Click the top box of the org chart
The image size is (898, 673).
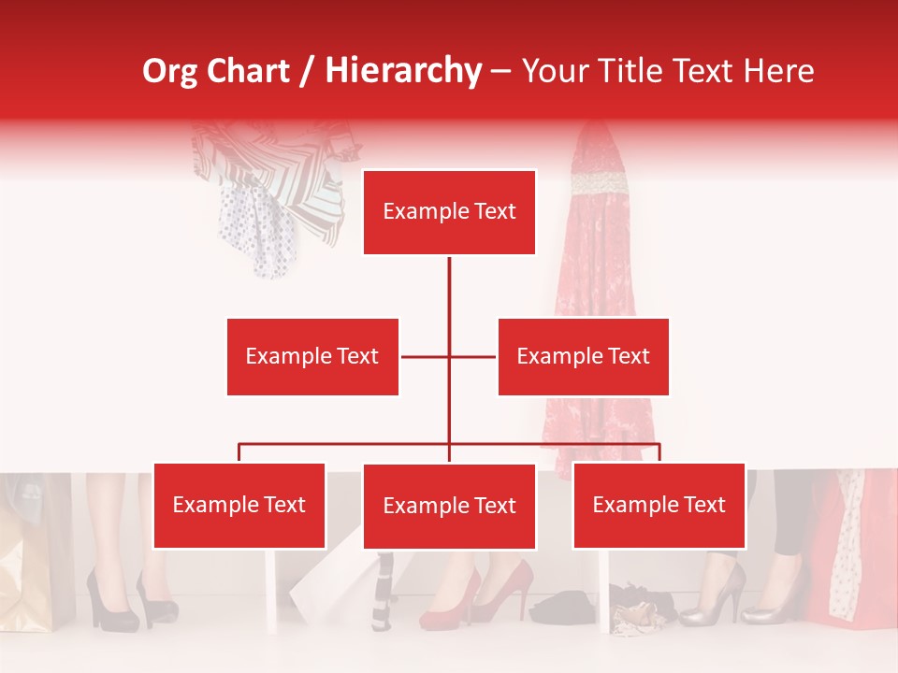pyautogui.click(x=449, y=212)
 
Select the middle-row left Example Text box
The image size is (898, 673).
pyautogui.click(x=312, y=356)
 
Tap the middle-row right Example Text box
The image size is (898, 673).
pyautogui.click(x=583, y=356)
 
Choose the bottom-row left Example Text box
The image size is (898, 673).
pyautogui.click(x=239, y=506)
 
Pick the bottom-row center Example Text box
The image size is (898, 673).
pyautogui.click(x=449, y=507)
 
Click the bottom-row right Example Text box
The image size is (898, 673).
pyautogui.click(x=659, y=506)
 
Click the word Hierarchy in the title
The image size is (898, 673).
pyautogui.click(x=403, y=71)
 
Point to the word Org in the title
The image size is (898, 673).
pyautogui.click(x=169, y=71)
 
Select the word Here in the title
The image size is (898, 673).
pyautogui.click(x=777, y=71)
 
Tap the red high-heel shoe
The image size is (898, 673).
pyautogui.click(x=449, y=603)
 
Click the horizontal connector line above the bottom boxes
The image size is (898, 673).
pyautogui.click(x=346, y=444)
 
